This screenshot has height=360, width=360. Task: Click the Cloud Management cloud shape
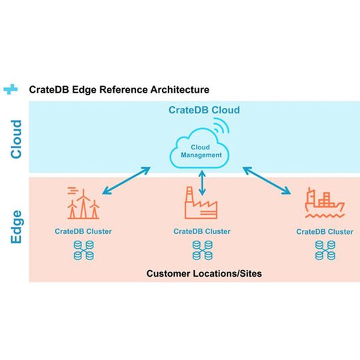(201, 151)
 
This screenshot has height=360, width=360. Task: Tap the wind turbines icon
(83, 203)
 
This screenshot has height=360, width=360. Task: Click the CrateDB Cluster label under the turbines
(83, 231)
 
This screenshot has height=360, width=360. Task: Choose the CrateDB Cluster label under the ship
(324, 231)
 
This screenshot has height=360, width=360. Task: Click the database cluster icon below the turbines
(83, 250)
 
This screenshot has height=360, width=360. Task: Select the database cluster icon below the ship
(324, 250)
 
